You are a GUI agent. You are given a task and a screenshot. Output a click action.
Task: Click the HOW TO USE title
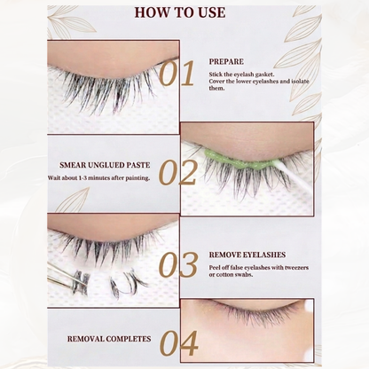click(x=180, y=12)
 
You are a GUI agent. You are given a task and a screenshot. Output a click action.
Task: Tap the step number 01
click(x=177, y=74)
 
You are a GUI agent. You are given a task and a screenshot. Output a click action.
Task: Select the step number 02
click(x=177, y=173)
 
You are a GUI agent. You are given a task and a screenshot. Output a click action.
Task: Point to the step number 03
click(x=178, y=265)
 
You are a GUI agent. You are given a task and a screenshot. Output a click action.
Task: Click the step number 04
click(x=178, y=343)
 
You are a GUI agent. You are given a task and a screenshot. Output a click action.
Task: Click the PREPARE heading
click(x=226, y=62)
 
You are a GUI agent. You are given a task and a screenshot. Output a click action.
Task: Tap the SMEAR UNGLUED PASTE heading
click(x=105, y=165)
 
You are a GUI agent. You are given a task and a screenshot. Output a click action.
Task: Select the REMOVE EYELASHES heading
click(x=247, y=255)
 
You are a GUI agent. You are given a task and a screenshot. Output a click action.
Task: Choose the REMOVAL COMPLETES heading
click(x=109, y=339)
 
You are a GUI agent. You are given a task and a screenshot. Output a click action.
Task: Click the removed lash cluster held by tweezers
click(x=81, y=282)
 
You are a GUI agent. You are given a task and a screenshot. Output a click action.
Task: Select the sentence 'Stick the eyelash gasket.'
click(x=241, y=75)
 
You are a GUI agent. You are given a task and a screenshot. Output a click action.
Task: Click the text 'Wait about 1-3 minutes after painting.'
click(x=98, y=178)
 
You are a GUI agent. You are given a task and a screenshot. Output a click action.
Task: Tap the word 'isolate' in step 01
click(x=300, y=81)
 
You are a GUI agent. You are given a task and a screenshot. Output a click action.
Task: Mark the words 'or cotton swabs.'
click(x=231, y=275)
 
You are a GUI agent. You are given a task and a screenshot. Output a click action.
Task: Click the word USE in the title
click(x=212, y=12)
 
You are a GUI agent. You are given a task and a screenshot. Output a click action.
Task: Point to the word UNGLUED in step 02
click(x=107, y=165)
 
